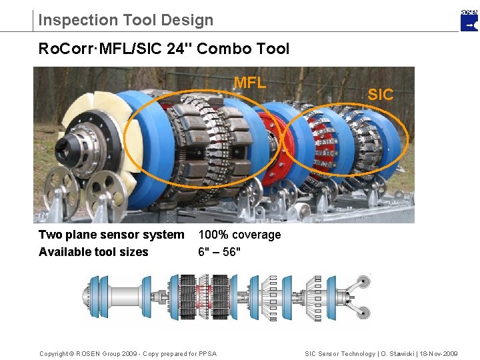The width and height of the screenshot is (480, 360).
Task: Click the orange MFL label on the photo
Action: pos(250,83)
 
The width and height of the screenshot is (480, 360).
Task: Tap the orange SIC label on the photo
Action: pos(381,95)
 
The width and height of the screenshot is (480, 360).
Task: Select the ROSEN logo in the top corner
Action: pos(469,20)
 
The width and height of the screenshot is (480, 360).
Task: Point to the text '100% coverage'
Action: pos(239,235)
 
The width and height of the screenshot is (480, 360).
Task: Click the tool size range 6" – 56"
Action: pos(219,252)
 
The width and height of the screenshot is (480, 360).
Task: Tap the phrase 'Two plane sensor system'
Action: pos(111,235)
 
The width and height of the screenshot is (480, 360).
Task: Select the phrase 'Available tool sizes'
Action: pos(93,252)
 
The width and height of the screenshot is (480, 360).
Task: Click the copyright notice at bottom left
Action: pos(128,353)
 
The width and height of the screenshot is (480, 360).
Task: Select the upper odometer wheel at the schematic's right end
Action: pos(364,279)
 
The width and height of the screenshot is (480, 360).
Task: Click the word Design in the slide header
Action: pos(190,20)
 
